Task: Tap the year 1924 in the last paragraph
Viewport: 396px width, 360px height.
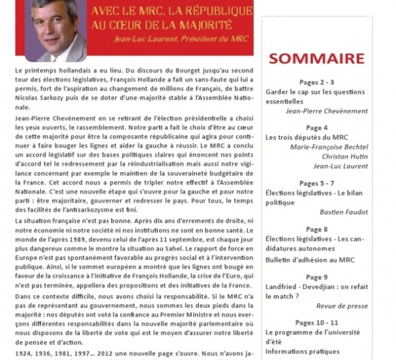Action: (22, 353)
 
